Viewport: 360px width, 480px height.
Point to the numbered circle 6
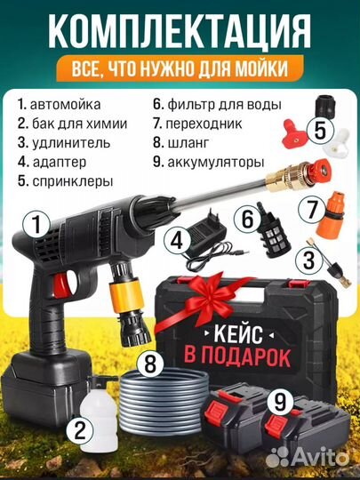(246, 217)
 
